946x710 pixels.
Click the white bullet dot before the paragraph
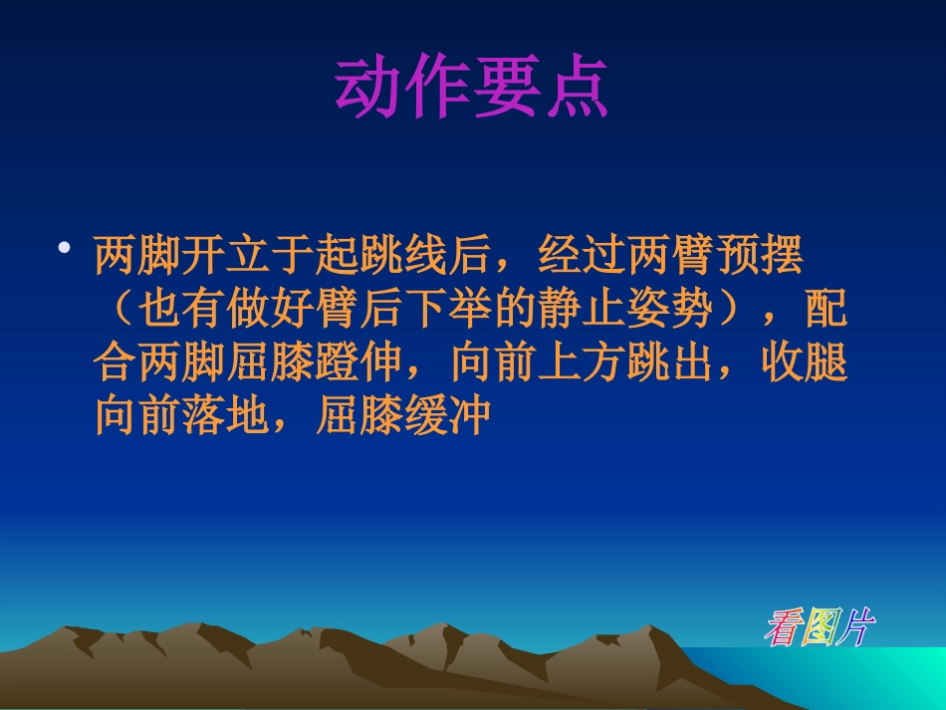point(65,249)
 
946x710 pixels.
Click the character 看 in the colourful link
point(783,627)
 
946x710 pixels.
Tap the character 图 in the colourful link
point(819,627)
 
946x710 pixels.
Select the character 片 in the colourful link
point(854,627)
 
